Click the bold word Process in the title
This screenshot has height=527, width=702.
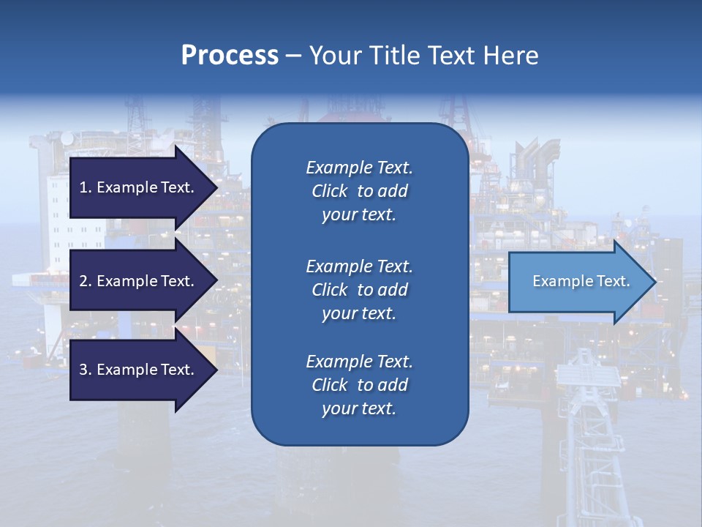(230, 56)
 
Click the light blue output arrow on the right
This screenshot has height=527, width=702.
(578, 281)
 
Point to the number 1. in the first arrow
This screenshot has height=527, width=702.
(86, 187)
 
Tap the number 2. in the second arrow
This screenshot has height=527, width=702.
(86, 281)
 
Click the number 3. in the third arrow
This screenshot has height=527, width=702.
(86, 370)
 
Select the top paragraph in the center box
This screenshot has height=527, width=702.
(359, 191)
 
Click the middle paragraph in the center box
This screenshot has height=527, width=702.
(359, 290)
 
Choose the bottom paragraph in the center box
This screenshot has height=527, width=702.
(359, 385)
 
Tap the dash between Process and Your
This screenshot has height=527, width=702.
(293, 56)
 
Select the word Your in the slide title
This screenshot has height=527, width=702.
(335, 56)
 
